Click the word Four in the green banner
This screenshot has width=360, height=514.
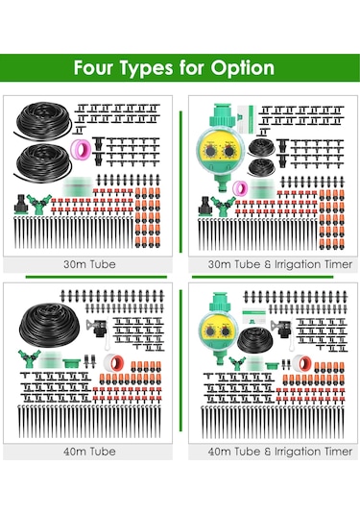93,67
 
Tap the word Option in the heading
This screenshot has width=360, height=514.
243,69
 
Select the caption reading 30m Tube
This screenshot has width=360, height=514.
89,264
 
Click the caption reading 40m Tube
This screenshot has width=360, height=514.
89,452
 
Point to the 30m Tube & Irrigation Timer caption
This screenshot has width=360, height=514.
280,264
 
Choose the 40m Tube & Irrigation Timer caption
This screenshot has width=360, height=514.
280,452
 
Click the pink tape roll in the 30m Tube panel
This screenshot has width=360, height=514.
80,148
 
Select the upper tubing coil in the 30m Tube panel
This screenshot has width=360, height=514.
42,119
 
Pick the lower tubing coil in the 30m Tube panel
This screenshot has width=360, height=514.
42,160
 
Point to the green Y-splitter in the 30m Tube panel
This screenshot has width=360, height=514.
39,204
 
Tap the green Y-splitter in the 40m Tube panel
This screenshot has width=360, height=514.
29,358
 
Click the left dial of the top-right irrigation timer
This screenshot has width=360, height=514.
209,151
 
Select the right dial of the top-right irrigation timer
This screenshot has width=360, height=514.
228,151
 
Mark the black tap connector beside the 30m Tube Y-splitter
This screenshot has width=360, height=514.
20,205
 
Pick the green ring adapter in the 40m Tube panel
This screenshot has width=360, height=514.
71,363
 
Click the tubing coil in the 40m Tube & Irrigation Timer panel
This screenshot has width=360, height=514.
254,339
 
